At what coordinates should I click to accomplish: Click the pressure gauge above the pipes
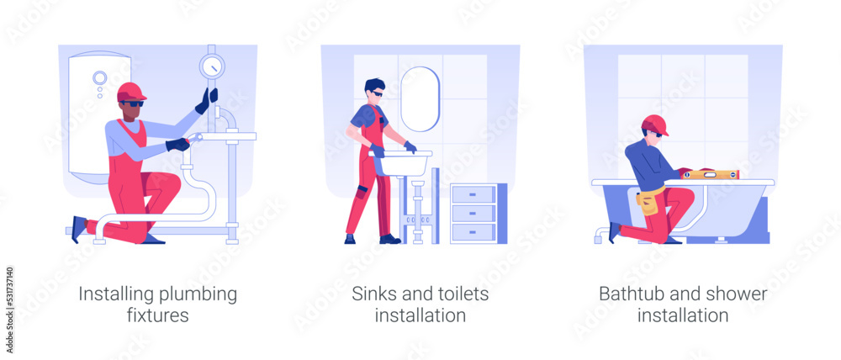[212, 66]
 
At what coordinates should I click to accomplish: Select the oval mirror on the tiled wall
[420, 99]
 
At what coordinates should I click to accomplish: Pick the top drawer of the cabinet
[473, 194]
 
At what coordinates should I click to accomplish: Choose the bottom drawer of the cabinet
[473, 232]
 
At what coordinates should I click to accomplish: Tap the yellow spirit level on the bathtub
[710, 174]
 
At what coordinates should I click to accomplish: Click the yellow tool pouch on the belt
[647, 202]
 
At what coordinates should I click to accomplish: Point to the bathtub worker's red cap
[655, 125]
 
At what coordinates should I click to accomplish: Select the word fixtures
[158, 315]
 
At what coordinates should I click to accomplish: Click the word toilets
[463, 294]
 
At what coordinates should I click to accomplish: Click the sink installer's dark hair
[374, 85]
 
